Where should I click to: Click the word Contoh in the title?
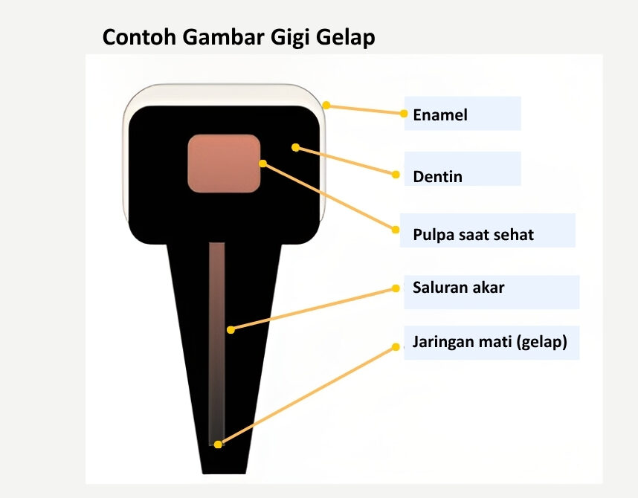(x=139, y=37)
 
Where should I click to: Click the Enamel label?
(x=440, y=114)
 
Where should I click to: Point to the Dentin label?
(x=437, y=177)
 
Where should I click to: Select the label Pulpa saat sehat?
(x=473, y=235)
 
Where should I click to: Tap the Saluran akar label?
(x=459, y=288)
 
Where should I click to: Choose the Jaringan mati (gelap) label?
(x=490, y=342)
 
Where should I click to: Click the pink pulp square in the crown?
(x=224, y=164)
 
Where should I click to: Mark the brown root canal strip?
(x=217, y=344)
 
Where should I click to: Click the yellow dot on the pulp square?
(x=262, y=164)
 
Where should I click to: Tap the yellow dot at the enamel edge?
(x=326, y=106)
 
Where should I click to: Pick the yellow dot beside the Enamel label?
(x=404, y=114)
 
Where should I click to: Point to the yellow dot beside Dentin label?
(x=396, y=175)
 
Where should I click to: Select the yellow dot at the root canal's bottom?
(x=218, y=444)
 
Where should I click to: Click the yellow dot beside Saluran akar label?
(x=396, y=288)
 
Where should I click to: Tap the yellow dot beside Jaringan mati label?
(x=396, y=347)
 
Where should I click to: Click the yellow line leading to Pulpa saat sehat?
(x=329, y=196)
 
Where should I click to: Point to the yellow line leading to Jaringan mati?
(x=307, y=395)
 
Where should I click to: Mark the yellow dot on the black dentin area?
(x=296, y=147)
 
